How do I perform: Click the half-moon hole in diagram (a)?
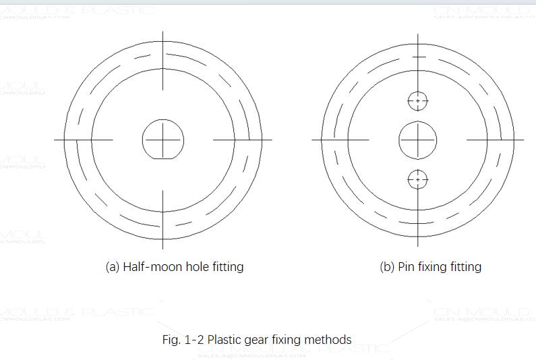point(163,140)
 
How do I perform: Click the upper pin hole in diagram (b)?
point(418,101)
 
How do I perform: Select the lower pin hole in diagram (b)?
point(418,180)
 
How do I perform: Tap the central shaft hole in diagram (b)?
point(418,140)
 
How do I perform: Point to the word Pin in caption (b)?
point(405,266)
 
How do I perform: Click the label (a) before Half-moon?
point(113,266)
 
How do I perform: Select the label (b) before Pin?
point(387,266)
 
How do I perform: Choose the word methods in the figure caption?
point(328,339)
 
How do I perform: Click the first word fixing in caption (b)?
point(431,266)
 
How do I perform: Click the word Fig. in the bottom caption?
point(171,339)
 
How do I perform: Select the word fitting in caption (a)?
point(226,266)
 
